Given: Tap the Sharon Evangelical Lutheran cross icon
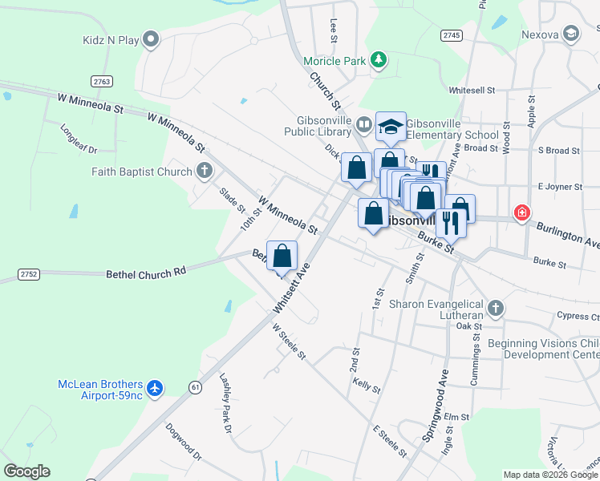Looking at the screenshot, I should click(x=496, y=307).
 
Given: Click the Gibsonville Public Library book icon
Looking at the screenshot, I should click(x=363, y=124).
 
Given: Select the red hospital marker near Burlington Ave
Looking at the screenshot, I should click(x=522, y=212).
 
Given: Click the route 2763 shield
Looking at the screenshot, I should click(x=102, y=81).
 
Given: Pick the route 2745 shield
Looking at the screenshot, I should click(x=452, y=35).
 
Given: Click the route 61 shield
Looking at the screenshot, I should click(x=195, y=387).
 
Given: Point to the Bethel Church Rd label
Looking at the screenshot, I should click(x=146, y=273).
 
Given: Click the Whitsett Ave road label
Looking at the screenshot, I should click(x=291, y=290).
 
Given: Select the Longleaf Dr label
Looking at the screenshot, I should click(x=79, y=138).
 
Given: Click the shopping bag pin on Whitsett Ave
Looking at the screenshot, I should click(x=282, y=256).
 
